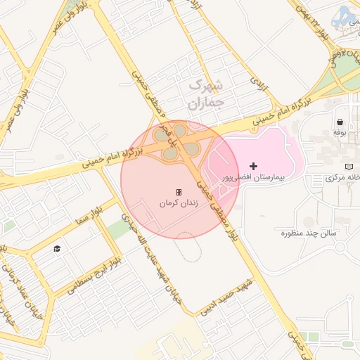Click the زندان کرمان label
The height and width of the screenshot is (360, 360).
point(179,203)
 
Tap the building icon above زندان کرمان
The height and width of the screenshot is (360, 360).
point(179,192)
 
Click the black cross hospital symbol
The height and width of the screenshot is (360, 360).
point(253,166)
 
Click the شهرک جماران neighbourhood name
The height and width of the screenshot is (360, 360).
point(205,95)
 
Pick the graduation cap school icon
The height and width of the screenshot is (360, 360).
point(57,248)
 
